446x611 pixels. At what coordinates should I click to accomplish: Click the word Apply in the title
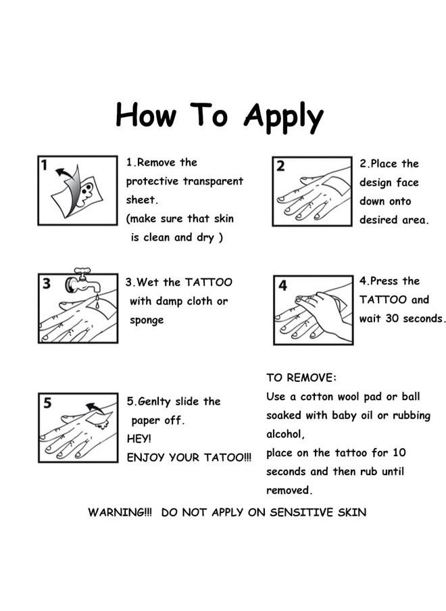283,117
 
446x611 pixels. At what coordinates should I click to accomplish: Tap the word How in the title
147,114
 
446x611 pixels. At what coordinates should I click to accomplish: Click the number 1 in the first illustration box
45,165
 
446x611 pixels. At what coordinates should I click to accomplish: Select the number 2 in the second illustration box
280,166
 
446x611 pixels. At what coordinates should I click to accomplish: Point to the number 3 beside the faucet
47,283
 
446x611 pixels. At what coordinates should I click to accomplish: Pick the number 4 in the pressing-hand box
282,285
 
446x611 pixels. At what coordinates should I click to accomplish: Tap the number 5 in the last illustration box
47,403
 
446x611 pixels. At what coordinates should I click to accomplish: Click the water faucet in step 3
82,281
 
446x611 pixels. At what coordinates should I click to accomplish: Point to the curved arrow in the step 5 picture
95,408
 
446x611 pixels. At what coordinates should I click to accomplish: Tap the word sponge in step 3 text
147,320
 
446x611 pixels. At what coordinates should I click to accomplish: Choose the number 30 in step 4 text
392,318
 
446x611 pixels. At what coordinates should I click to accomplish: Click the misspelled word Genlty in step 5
154,401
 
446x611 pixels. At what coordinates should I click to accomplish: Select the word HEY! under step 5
139,439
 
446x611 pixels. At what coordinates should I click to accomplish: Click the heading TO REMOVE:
301,378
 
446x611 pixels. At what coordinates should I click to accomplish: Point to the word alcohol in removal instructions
285,434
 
